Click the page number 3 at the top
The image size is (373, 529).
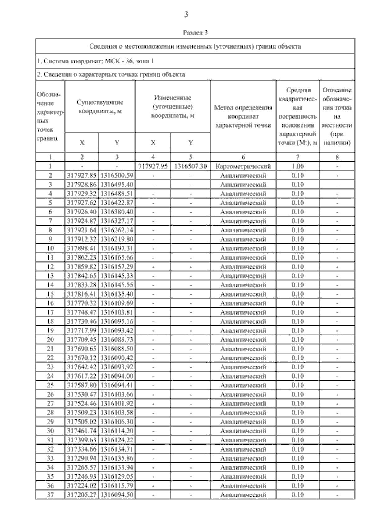pyautogui.click(x=186, y=15)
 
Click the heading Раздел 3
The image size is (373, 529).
pyautogui.click(x=195, y=32)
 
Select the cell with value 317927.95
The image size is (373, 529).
pyautogui.click(x=153, y=166)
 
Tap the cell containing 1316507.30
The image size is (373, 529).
pyautogui.click(x=190, y=166)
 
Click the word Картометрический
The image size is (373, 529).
pyautogui.click(x=243, y=166)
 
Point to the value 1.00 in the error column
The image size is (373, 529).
pyautogui.click(x=297, y=166)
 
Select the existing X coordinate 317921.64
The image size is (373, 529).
pyautogui.click(x=82, y=230)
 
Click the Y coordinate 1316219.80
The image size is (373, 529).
pyautogui.click(x=117, y=239)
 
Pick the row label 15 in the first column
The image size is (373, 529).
pyautogui.click(x=50, y=294)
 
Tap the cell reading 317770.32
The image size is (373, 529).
pyautogui.click(x=82, y=303)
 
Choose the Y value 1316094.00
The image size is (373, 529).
pyautogui.click(x=117, y=376)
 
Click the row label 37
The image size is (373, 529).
pyautogui.click(x=50, y=495)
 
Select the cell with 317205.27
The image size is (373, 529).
pyautogui.click(x=82, y=495)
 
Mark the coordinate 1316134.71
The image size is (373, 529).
pyautogui.click(x=117, y=449)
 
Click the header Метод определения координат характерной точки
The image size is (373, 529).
pyautogui.click(x=243, y=116)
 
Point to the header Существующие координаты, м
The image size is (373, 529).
pyautogui.click(x=100, y=107)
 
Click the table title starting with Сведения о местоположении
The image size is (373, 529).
pyautogui.click(x=195, y=46)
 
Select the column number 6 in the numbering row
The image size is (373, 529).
pyautogui.click(x=243, y=157)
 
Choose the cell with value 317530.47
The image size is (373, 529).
pyautogui.click(x=82, y=394)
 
